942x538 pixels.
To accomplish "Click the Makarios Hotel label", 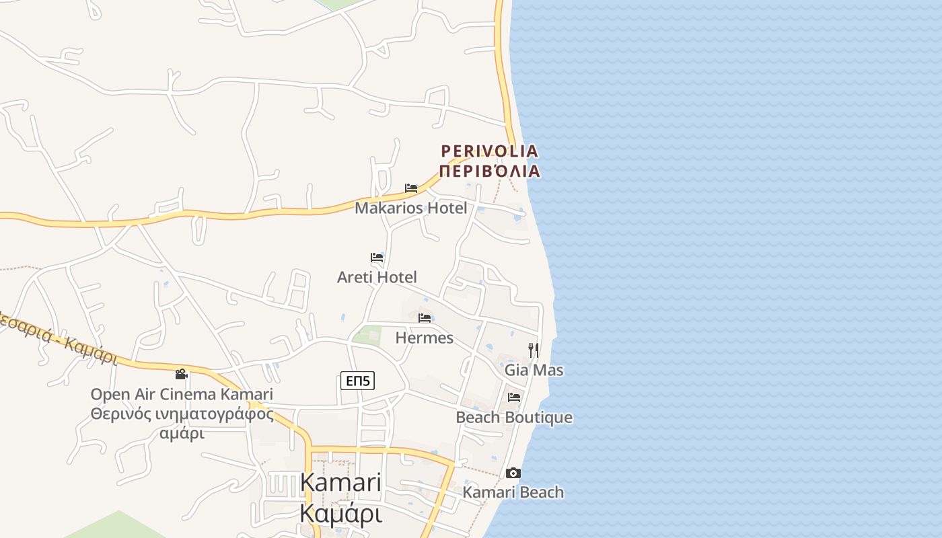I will [x=410, y=208].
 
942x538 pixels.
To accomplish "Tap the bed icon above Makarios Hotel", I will [x=410, y=188].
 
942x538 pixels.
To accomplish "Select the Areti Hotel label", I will [x=377, y=277].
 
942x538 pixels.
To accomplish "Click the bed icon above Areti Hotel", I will [x=377, y=258].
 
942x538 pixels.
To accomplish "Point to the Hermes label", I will [x=424, y=338].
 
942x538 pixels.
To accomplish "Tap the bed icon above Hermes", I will [x=424, y=318].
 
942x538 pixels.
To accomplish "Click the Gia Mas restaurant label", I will [x=534, y=370].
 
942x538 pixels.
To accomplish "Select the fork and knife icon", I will [x=534, y=350].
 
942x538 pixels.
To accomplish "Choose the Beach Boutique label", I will [x=514, y=417].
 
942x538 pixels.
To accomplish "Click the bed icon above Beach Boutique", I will [x=514, y=397].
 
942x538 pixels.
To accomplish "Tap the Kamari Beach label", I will [x=513, y=492].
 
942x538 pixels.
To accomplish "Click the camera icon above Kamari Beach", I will [x=513, y=473].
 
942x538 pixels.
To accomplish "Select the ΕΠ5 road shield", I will [x=357, y=381].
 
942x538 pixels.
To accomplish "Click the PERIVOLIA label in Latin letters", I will [x=489, y=151].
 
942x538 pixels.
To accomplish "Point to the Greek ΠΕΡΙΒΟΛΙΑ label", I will [x=489, y=171].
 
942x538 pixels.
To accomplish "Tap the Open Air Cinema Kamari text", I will [x=182, y=394].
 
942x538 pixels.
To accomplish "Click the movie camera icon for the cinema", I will [x=181, y=374].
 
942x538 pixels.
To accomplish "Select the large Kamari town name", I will [x=340, y=482].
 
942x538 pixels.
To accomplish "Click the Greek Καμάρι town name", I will [x=340, y=513].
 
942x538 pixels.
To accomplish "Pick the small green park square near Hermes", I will [x=367, y=334].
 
